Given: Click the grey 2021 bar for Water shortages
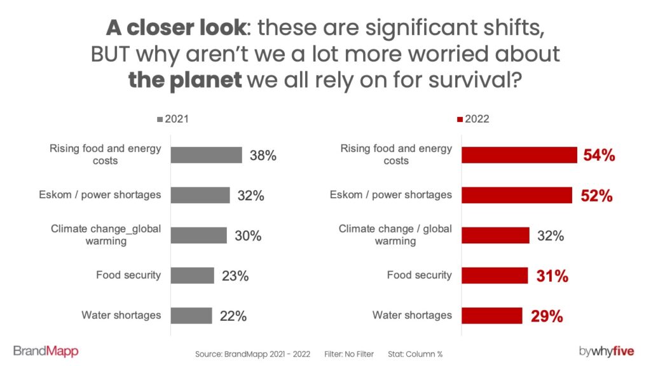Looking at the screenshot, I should click(x=191, y=316).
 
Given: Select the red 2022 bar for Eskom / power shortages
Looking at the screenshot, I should click(x=517, y=195).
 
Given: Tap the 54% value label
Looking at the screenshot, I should click(x=599, y=155).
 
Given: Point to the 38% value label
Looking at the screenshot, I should click(x=262, y=155).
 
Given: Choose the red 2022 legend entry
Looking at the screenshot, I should click(x=472, y=119).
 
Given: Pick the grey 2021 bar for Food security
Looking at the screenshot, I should click(x=193, y=276).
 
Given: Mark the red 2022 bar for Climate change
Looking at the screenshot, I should click(x=495, y=236).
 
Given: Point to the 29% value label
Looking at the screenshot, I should click(x=547, y=316).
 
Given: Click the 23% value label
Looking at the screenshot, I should click(x=235, y=276).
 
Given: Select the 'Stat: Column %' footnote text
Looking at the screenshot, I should click(x=415, y=353).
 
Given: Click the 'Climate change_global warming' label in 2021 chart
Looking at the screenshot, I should click(x=106, y=235).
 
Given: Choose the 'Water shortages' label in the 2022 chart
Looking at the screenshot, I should click(x=412, y=315).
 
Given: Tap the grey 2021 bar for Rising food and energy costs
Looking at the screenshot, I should click(x=207, y=155).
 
